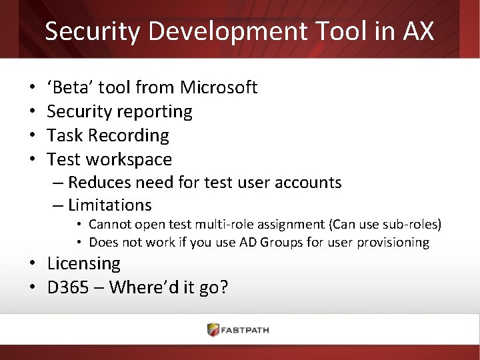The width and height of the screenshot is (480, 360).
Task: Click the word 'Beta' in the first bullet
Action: click(71, 87)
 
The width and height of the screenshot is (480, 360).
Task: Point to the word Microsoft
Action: click(219, 87)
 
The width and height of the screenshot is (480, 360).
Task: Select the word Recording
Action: click(129, 135)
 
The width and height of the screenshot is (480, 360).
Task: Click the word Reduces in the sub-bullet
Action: click(99, 183)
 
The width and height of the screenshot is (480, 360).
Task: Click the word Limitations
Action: click(110, 205)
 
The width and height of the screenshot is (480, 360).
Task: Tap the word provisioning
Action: click(395, 242)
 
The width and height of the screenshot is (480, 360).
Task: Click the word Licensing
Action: click(83, 263)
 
